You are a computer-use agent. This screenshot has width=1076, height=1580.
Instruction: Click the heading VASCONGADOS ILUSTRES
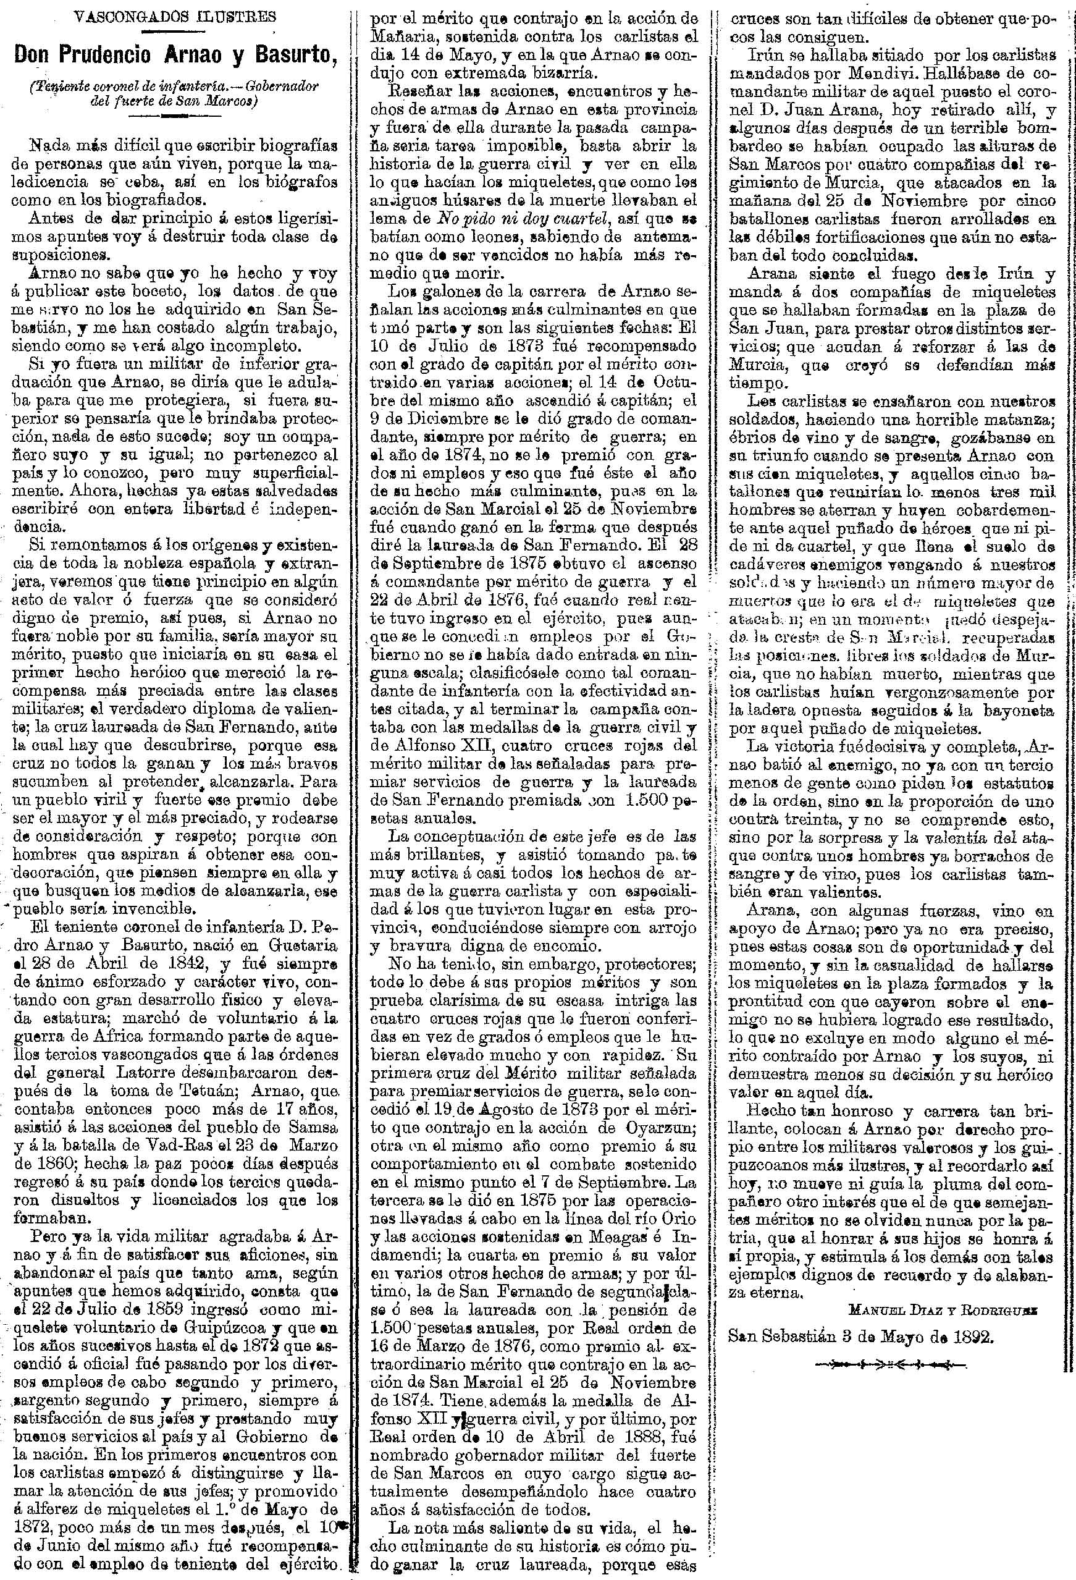(169, 15)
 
